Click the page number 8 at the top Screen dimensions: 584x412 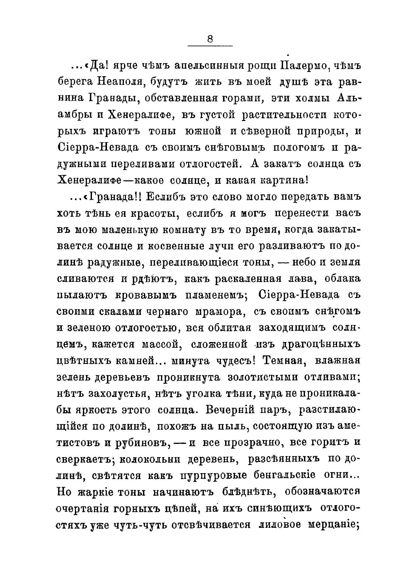(210, 39)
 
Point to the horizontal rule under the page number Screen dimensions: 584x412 (210, 45)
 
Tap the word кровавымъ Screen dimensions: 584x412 (146, 295)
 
